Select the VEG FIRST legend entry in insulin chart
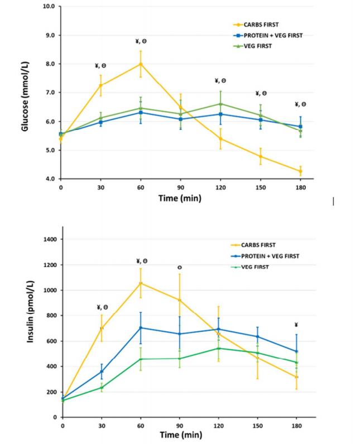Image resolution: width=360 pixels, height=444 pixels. pos(262,266)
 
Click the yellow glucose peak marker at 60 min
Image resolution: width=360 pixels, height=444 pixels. pos(141,64)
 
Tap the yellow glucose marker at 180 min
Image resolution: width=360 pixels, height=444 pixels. pos(300,171)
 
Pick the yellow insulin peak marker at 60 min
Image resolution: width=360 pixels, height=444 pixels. pos(141,283)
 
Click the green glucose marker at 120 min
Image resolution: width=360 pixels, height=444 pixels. pos(220,104)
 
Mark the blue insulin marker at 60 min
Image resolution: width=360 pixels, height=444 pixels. pos(141,328)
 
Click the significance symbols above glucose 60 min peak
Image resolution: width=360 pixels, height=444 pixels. pos(141,41)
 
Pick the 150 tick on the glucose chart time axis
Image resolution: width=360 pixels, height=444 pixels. pos(260,189)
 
